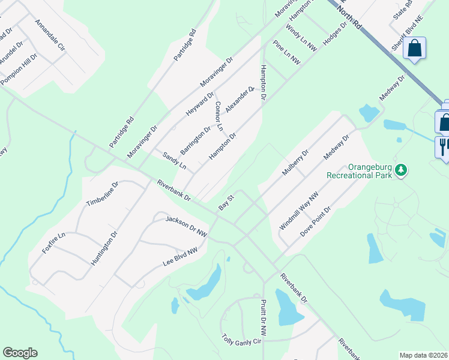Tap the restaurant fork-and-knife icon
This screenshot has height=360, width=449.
(443, 146)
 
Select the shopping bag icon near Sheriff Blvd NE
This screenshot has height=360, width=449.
(414, 48)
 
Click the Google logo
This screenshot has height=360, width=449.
(20, 353)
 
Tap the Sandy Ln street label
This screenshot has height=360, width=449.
(175, 160)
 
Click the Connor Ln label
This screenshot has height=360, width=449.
(218, 116)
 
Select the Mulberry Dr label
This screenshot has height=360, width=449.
(295, 163)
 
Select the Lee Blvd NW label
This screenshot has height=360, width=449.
(180, 257)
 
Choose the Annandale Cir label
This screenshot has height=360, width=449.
(50, 35)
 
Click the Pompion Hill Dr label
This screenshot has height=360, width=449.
(19, 69)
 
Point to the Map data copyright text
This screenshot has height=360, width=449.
(424, 355)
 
